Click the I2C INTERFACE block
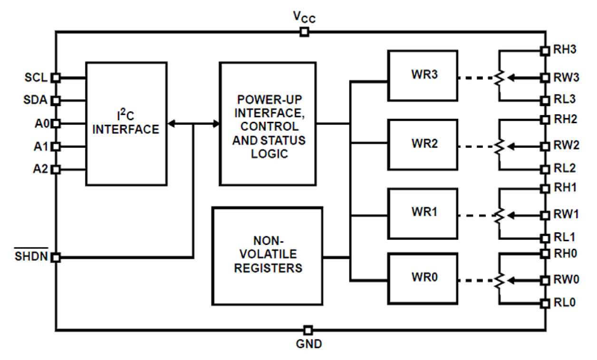point(126,124)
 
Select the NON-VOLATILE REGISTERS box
point(268,256)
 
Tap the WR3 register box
point(423,75)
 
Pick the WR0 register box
point(423,278)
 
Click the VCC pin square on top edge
point(304,32)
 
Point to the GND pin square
point(308,330)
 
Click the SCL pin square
point(56,78)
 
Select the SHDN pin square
point(56,258)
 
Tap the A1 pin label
point(41,146)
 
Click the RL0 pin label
point(565,303)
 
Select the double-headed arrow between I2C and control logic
point(194,124)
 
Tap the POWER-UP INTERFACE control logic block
point(268,124)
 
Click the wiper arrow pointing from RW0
point(523,280)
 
